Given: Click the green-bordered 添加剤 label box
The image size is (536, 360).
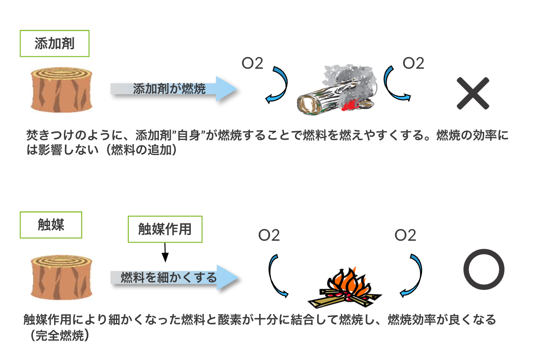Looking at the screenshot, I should [55, 43].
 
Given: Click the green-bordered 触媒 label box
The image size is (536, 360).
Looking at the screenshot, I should [51, 225].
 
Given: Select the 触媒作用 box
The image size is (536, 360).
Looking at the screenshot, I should [165, 229].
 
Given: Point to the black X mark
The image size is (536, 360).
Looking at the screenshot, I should [473, 94].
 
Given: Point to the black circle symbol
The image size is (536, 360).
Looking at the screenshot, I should [484, 270].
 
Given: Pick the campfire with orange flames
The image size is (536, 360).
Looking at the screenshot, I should [351, 289].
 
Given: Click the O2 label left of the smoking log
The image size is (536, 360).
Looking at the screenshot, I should [252, 64].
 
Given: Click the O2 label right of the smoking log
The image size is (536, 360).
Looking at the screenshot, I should [413, 63].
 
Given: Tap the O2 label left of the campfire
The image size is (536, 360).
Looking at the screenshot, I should [269, 235].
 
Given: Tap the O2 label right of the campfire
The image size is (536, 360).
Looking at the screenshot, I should [405, 235].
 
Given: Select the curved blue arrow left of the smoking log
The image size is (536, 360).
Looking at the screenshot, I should [277, 85].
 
